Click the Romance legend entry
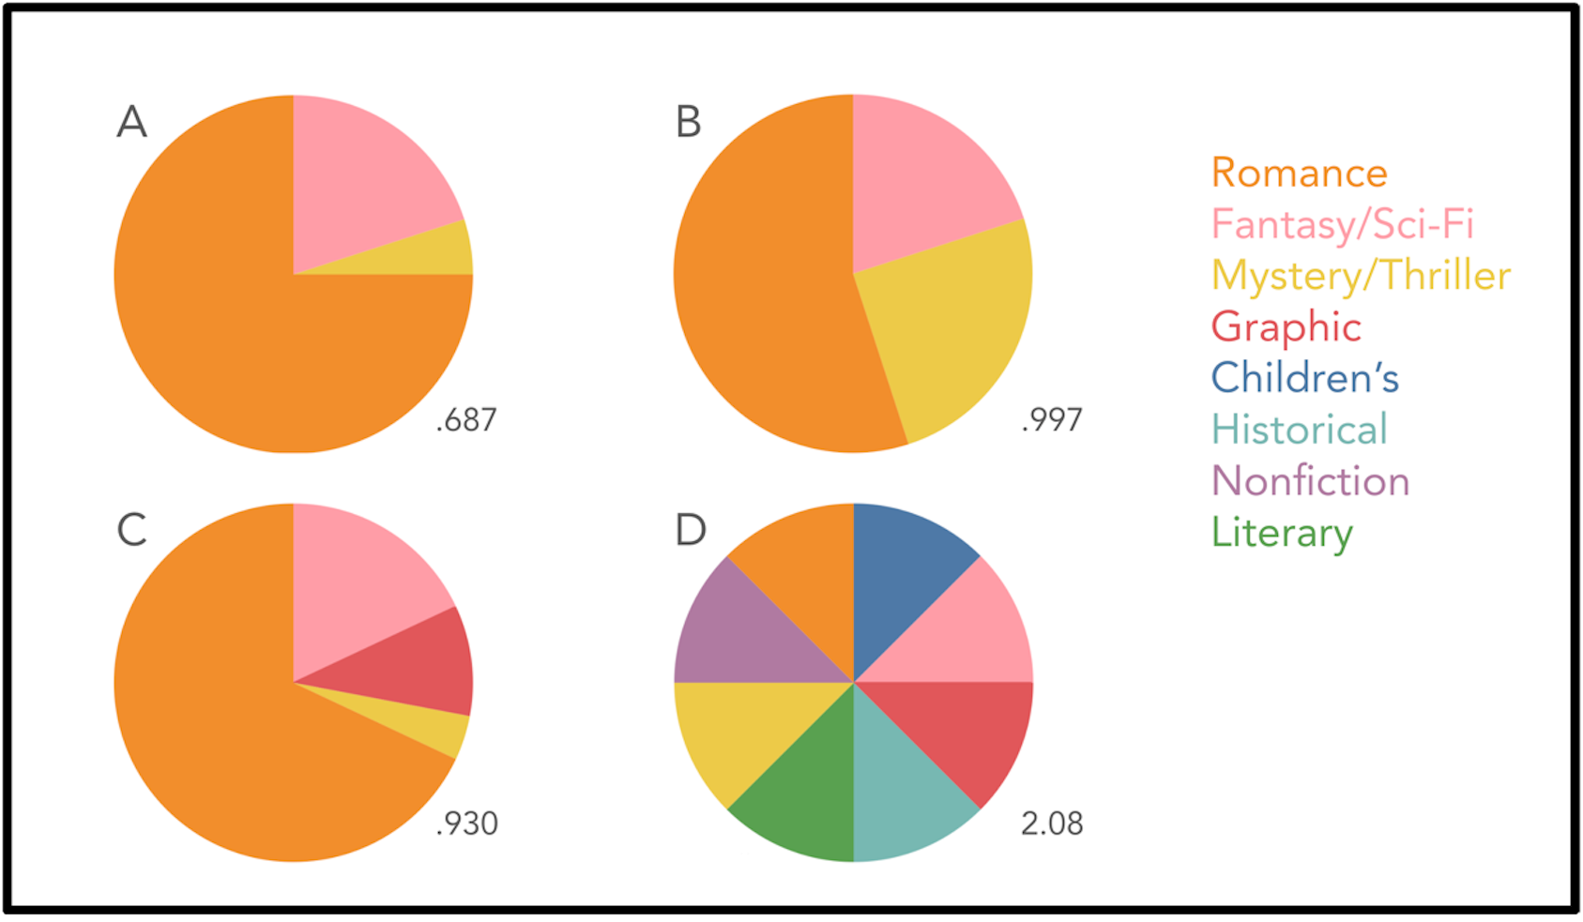(1299, 174)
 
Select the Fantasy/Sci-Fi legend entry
(1342, 225)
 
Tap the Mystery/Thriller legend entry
(1361, 276)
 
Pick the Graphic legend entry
(1286, 327)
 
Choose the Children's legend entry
(1304, 378)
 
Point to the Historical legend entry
(1299, 430)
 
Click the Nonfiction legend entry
(1310, 481)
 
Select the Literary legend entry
(1282, 533)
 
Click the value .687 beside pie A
(466, 420)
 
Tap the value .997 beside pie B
(1052, 420)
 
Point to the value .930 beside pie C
(466, 824)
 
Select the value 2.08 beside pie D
(1052, 824)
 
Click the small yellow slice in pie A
(432, 252)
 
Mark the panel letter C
(131, 530)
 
